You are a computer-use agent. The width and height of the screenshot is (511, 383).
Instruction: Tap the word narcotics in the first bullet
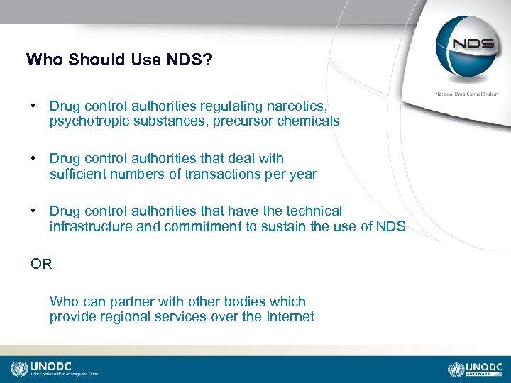295,106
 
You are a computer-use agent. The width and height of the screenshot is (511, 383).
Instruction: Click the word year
302,174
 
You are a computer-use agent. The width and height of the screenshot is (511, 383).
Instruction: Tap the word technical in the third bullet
312,211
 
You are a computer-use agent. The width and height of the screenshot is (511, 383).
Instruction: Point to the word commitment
201,226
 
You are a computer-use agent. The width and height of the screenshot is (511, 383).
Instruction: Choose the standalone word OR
41,265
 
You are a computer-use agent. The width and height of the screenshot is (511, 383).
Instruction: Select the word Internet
290,317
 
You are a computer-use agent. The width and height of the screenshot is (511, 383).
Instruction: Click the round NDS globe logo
466,47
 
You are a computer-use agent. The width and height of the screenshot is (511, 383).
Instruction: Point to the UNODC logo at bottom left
53,369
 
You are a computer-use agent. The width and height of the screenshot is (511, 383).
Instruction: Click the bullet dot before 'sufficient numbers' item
33,158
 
